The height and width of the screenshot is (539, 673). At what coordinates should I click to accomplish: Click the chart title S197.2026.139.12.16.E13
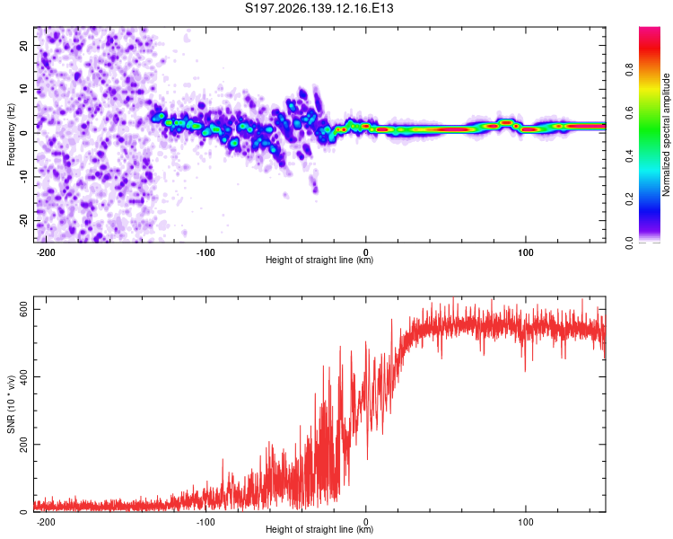[319, 8]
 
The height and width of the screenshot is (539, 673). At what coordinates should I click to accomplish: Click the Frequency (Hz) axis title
[11, 135]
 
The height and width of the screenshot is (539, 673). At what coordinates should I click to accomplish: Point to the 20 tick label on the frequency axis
[24, 45]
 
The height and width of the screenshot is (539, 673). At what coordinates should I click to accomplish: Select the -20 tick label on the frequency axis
[24, 221]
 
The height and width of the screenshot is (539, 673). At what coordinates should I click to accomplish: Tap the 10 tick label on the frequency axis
[24, 89]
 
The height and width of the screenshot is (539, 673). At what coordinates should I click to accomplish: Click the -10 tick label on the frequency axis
[24, 177]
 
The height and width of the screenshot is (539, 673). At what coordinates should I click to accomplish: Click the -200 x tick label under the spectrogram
[45, 252]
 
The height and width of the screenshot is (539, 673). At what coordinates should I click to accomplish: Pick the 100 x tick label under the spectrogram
[525, 252]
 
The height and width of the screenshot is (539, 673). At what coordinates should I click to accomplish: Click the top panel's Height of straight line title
[319, 260]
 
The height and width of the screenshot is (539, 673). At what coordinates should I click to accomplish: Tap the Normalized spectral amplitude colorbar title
[666, 135]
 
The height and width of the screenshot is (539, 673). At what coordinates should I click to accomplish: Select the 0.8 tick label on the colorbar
[629, 69]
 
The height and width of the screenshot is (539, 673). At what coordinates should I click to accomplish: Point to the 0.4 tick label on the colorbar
[629, 156]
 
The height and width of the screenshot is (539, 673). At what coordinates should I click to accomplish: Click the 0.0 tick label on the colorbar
[629, 243]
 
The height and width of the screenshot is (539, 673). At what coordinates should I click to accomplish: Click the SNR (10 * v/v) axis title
[11, 404]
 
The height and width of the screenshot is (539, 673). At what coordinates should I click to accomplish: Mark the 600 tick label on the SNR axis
[24, 309]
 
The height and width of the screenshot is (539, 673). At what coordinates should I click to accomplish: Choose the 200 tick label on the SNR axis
[24, 445]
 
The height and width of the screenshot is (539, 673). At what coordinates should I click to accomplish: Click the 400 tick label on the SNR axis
[24, 377]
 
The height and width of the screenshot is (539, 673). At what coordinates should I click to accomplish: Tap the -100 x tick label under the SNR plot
[205, 522]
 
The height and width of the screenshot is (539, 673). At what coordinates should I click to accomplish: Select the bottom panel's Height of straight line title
[319, 529]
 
